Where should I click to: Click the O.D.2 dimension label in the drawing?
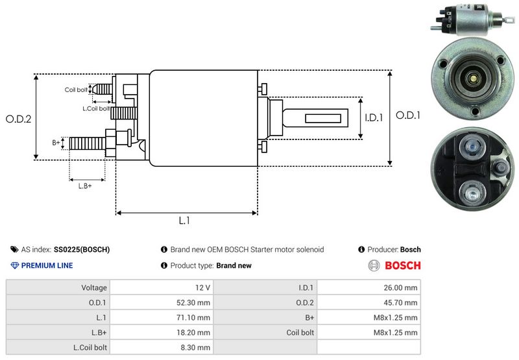pos(19,119)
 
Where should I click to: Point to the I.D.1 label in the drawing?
pos(374,118)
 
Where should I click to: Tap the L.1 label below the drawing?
pos(184,221)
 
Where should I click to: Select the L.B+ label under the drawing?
pos(85,186)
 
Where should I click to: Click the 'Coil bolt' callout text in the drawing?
pos(75,90)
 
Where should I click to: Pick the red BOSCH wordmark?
pos(402,265)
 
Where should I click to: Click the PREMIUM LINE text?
pos(47,265)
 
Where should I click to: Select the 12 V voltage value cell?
pos(202,287)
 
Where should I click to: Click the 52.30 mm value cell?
pos(195,302)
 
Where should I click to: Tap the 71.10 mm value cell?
pos(195,317)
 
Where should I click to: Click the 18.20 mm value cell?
pos(195,332)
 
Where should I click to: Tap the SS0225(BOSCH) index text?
pos(82,249)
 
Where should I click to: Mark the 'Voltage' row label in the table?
pos(94,287)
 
